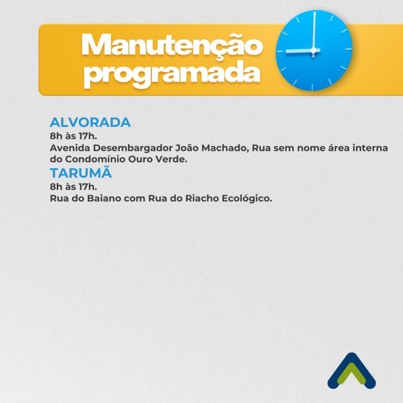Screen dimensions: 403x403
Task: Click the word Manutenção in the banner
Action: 172,46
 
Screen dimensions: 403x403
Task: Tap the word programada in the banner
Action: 172,74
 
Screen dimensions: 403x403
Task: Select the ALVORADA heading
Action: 90,122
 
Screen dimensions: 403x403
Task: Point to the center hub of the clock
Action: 313,50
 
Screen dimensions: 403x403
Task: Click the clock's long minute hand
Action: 314,31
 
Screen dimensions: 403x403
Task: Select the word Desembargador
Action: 132,148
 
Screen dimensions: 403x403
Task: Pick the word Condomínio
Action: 95,159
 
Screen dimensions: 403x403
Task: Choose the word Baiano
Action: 104,198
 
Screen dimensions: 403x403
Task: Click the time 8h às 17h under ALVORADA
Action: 74,136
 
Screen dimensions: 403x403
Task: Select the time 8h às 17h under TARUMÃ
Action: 74,187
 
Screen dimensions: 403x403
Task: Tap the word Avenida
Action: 70,148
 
